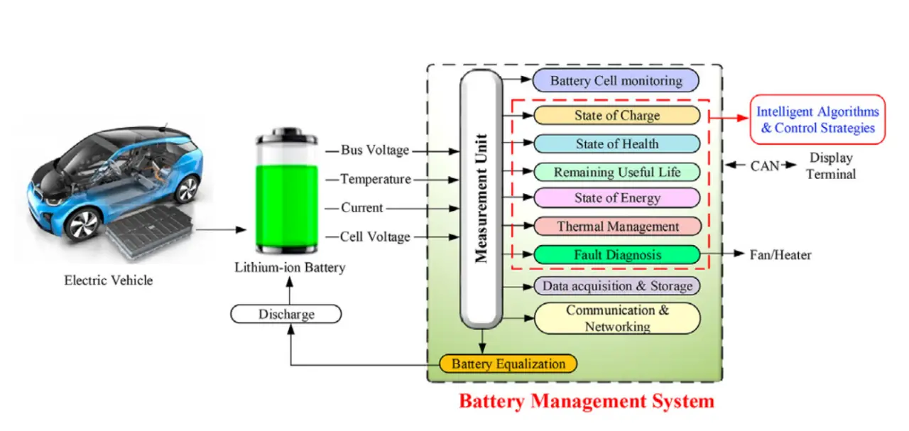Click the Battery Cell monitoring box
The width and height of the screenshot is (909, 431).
tap(616, 80)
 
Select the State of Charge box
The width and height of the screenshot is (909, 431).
tap(616, 115)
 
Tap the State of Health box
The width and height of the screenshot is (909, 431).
tap(616, 143)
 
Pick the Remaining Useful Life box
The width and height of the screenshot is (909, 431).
tap(616, 172)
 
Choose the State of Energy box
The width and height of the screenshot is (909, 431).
tap(616, 199)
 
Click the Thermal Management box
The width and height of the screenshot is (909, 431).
tap(616, 227)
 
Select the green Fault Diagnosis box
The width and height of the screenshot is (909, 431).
tap(616, 254)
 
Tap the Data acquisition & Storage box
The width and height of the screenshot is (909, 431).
tap(616, 286)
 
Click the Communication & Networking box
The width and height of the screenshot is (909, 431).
tap(616, 319)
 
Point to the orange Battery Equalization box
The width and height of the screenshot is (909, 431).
tap(508, 364)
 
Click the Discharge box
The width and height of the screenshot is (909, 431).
tap(286, 314)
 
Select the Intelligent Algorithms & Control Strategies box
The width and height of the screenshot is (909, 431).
tap(817, 119)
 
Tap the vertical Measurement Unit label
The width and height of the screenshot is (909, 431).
tap(481, 198)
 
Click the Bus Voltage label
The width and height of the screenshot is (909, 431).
tap(374, 151)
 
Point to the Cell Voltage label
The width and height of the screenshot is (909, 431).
tap(374, 236)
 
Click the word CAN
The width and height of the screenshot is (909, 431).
tap(764, 166)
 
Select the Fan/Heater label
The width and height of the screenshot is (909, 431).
tap(780, 254)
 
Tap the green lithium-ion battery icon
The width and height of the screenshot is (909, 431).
tap(287, 194)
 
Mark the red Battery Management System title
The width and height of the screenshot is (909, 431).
tap(586, 401)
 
